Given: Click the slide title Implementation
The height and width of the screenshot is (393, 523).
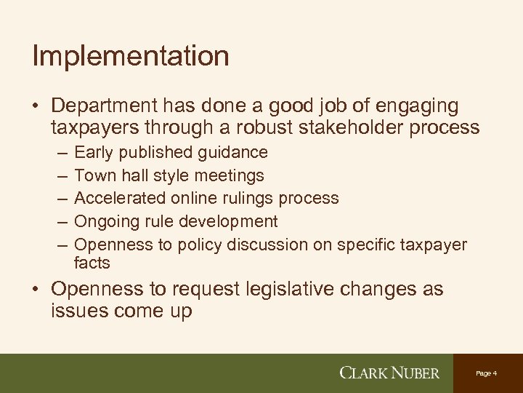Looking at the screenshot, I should click(131, 55).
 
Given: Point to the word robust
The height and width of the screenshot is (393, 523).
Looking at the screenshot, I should click(283, 128).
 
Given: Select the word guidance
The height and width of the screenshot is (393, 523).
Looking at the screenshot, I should click(232, 153).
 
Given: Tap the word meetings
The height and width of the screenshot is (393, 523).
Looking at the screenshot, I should click(230, 175).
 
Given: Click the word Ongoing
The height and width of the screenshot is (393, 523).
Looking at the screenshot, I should click(103, 221).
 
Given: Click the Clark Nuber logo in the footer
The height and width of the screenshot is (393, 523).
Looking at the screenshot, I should click(389, 373).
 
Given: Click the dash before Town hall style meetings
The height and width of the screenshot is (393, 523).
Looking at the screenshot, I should click(58, 175).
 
